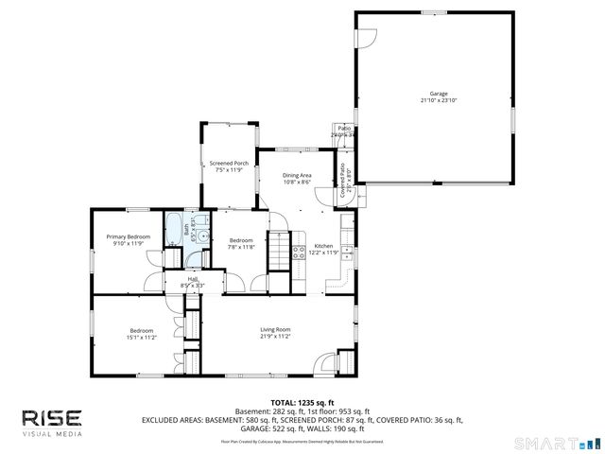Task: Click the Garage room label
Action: pyautogui.click(x=438, y=94)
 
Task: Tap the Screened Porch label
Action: pyautogui.click(x=229, y=163)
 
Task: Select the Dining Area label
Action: pyautogui.click(x=297, y=176)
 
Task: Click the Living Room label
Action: pyautogui.click(x=275, y=329)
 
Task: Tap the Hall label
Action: pyautogui.click(x=192, y=279)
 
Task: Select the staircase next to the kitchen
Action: pyautogui.click(x=279, y=253)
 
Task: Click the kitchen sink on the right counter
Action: pyautogui.click(x=348, y=253)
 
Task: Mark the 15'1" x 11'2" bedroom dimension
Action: pyautogui.click(x=142, y=337)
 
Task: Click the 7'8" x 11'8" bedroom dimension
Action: pyautogui.click(x=241, y=247)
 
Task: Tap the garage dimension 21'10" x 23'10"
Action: pyautogui.click(x=438, y=100)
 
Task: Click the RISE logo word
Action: pyautogui.click(x=52, y=417)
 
